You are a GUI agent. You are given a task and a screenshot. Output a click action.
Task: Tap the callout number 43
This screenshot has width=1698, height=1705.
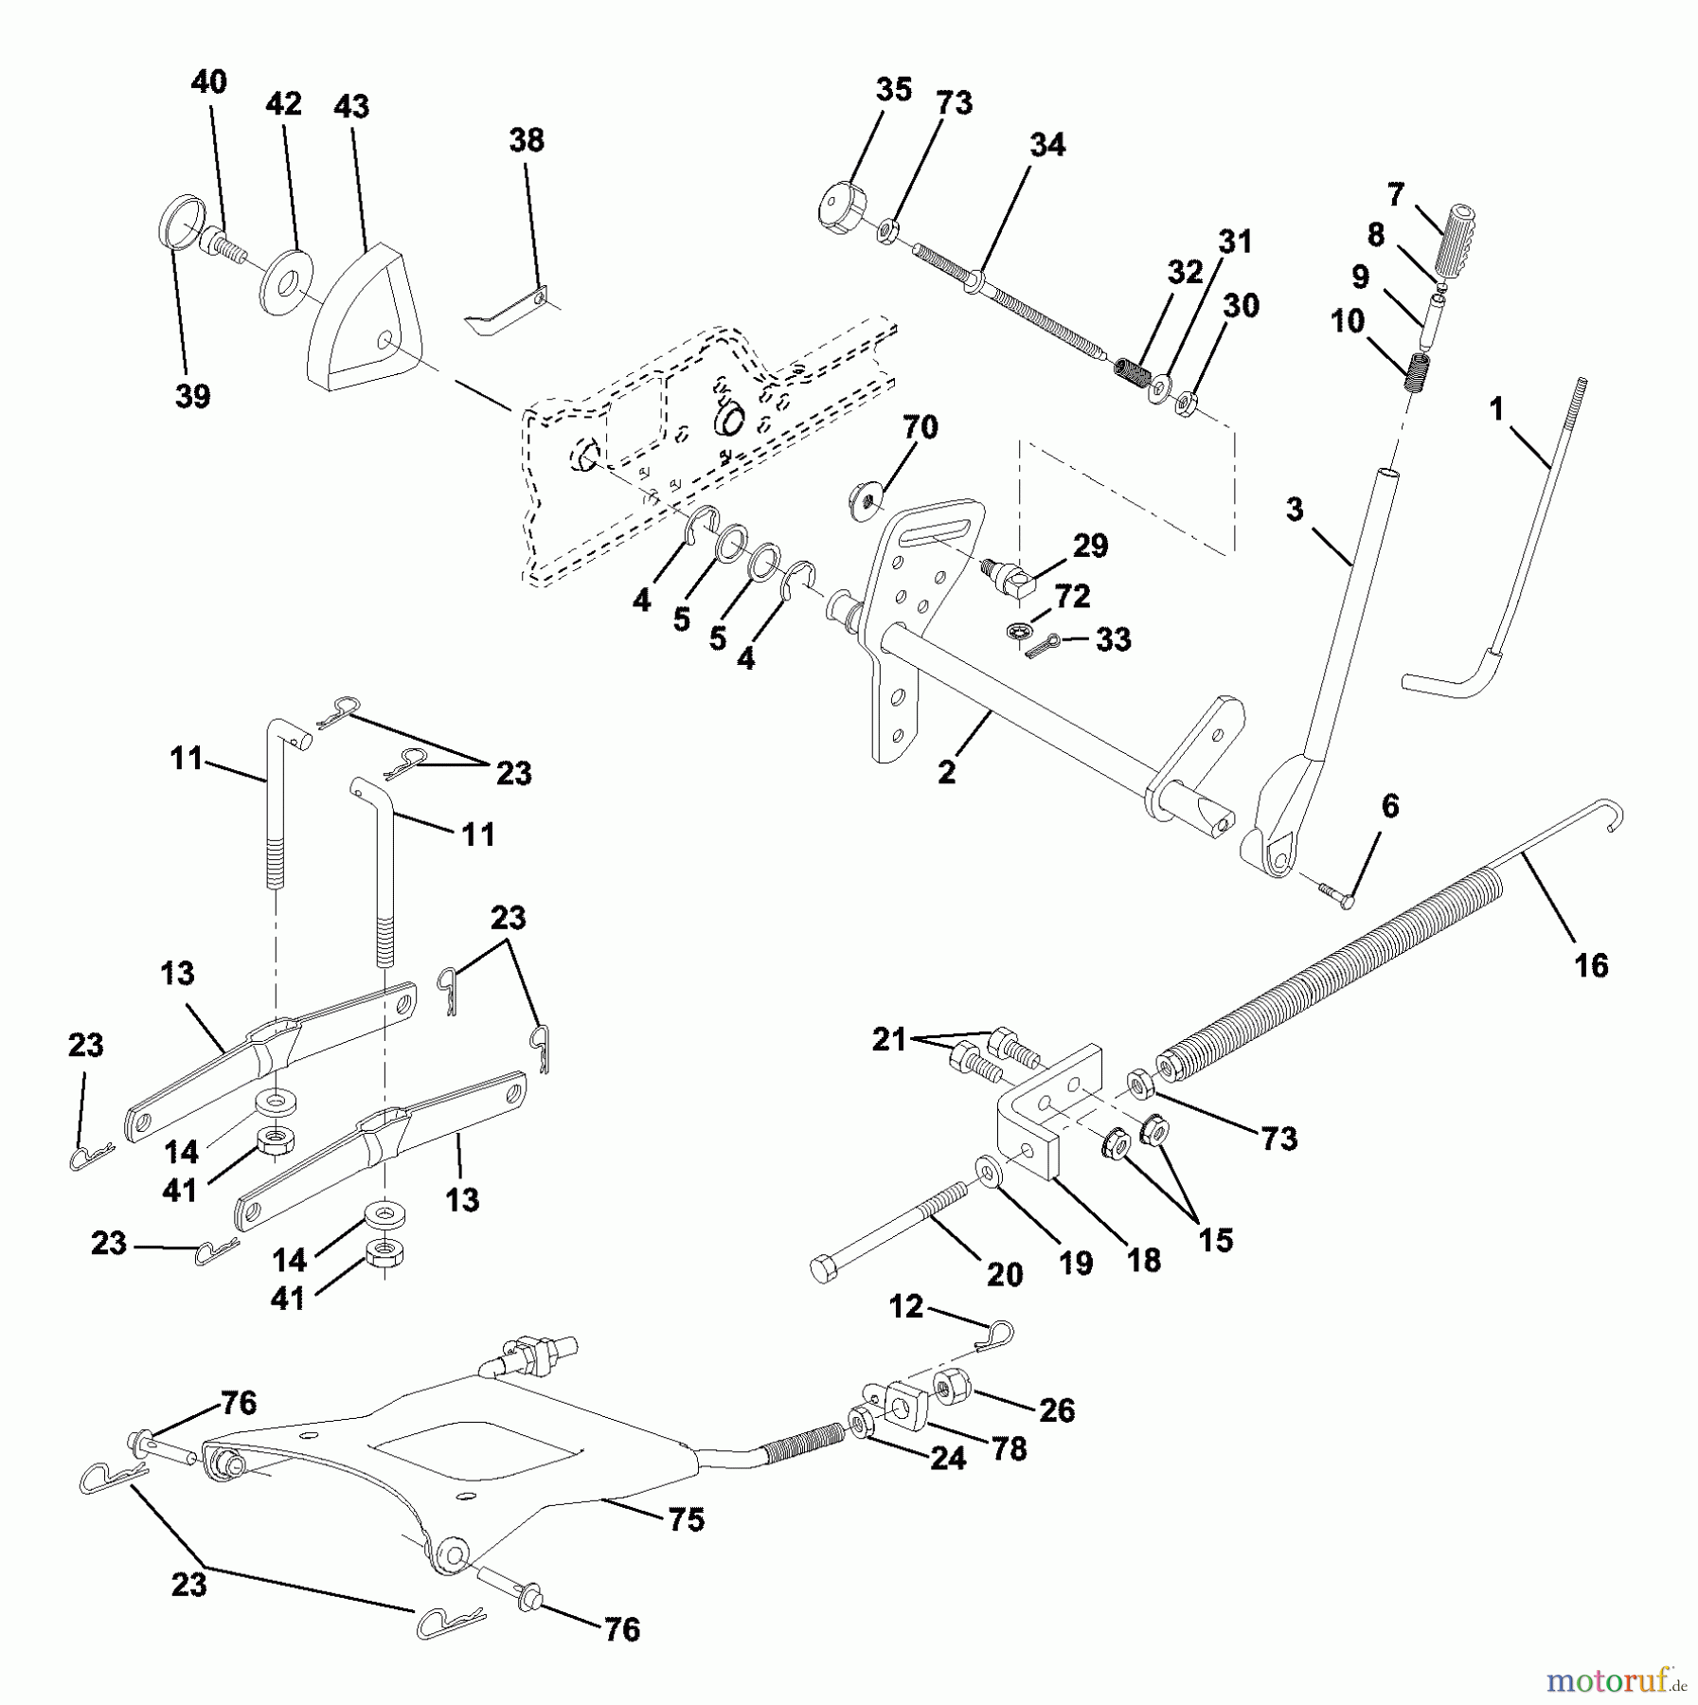[351, 106]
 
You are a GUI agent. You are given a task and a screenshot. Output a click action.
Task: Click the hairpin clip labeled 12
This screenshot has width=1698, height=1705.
[994, 1337]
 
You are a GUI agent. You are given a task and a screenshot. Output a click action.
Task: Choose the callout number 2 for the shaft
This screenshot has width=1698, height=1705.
[946, 772]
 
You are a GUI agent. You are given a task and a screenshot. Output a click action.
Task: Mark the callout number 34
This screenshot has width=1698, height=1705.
[1048, 145]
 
